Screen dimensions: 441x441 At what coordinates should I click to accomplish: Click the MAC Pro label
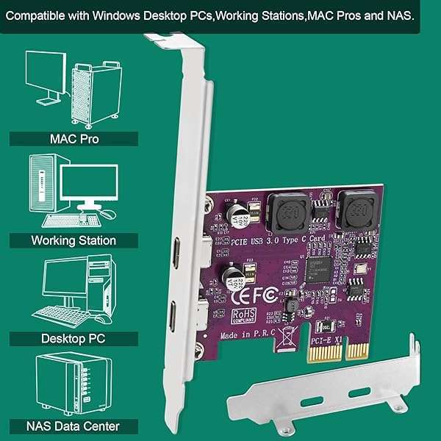tap(73, 139)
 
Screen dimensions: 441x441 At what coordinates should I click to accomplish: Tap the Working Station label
tap(73, 240)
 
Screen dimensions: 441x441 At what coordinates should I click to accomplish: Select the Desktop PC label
tap(73, 339)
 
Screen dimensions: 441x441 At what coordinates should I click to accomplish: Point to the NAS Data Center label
tap(73, 426)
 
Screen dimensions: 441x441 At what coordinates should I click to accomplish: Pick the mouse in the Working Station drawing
tap(108, 214)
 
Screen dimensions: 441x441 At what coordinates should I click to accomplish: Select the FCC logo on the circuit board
tap(266, 295)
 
